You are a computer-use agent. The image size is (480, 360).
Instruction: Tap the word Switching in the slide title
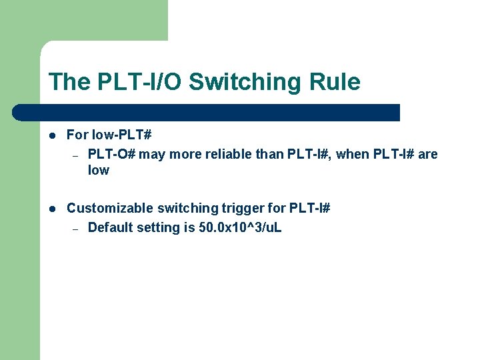tap(245, 82)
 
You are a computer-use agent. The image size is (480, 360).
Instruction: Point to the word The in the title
tap(69, 82)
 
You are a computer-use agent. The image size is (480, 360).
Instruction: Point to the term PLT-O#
tap(111, 155)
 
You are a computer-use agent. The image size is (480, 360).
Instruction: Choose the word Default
tap(110, 228)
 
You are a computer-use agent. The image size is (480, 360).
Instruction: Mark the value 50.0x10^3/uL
tap(240, 228)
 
